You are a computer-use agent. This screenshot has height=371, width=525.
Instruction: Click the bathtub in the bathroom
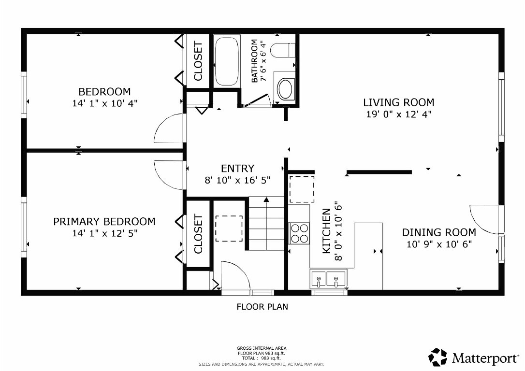[226, 61]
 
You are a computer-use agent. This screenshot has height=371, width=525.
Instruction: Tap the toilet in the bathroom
[283, 50]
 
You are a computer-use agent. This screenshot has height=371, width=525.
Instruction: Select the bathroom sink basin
[285, 89]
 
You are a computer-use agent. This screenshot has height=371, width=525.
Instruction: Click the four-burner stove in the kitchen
[299, 233]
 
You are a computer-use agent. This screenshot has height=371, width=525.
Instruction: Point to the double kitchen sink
[328, 279]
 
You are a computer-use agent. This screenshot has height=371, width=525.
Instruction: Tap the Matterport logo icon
[438, 357]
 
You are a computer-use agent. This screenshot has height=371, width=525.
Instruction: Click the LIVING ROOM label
[398, 102]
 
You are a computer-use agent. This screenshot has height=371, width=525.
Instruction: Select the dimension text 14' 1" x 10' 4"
[104, 103]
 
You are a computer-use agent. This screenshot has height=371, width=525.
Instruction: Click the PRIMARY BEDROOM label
[104, 222]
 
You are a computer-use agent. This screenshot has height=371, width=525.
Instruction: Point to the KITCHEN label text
[327, 231]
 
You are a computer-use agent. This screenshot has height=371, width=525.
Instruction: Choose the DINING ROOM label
[439, 232]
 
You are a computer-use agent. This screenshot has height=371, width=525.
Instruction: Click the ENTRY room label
[237, 169]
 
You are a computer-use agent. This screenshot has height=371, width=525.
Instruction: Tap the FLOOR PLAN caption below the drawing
[262, 306]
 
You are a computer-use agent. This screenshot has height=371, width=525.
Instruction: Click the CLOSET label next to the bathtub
[198, 61]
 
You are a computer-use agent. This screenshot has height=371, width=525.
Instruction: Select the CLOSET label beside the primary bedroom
[198, 234]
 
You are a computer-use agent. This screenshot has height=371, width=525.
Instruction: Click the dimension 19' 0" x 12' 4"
[398, 114]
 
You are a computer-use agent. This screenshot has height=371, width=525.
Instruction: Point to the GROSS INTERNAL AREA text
[261, 348]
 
